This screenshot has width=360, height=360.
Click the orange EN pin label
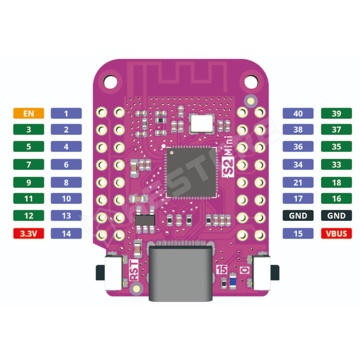[28, 113]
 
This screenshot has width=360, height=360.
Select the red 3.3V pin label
[28, 233]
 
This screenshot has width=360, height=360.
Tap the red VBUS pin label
[335, 233]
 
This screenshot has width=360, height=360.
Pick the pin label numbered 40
[298, 113]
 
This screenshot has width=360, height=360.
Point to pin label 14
[67, 233]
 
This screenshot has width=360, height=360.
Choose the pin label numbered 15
[298, 233]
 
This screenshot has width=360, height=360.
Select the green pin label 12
[28, 215]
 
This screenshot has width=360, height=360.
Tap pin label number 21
[298, 182]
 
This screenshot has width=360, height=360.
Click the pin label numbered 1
[67, 113]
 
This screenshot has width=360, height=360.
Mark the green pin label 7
[28, 164]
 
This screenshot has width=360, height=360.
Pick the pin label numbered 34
[298, 164]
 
